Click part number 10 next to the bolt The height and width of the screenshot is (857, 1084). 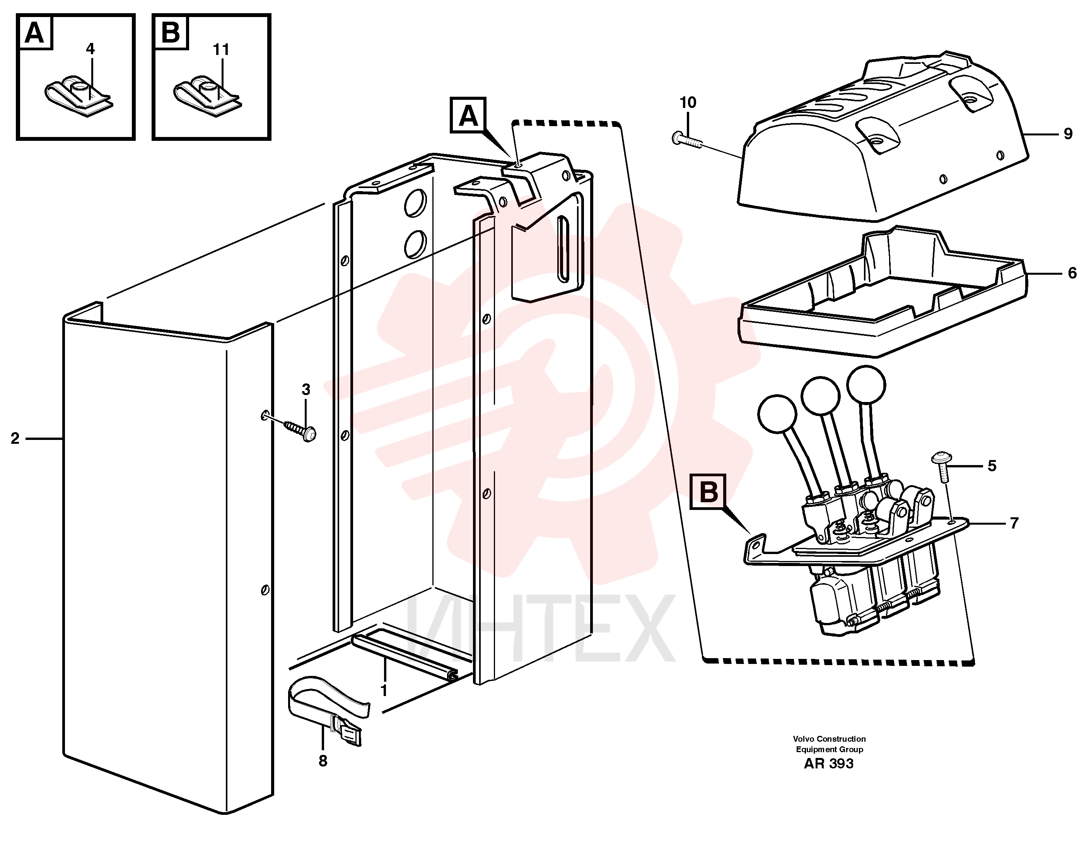click(x=687, y=103)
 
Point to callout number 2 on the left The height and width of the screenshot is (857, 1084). click(x=15, y=438)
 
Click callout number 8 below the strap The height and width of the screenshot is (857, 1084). click(x=323, y=761)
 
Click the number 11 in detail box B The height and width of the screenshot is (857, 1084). click(x=221, y=50)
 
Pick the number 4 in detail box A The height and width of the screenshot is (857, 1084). click(x=90, y=49)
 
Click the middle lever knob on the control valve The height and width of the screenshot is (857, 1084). click(x=821, y=396)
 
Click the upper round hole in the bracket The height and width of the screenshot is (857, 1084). click(x=416, y=203)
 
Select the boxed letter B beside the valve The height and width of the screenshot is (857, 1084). click(x=708, y=492)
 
